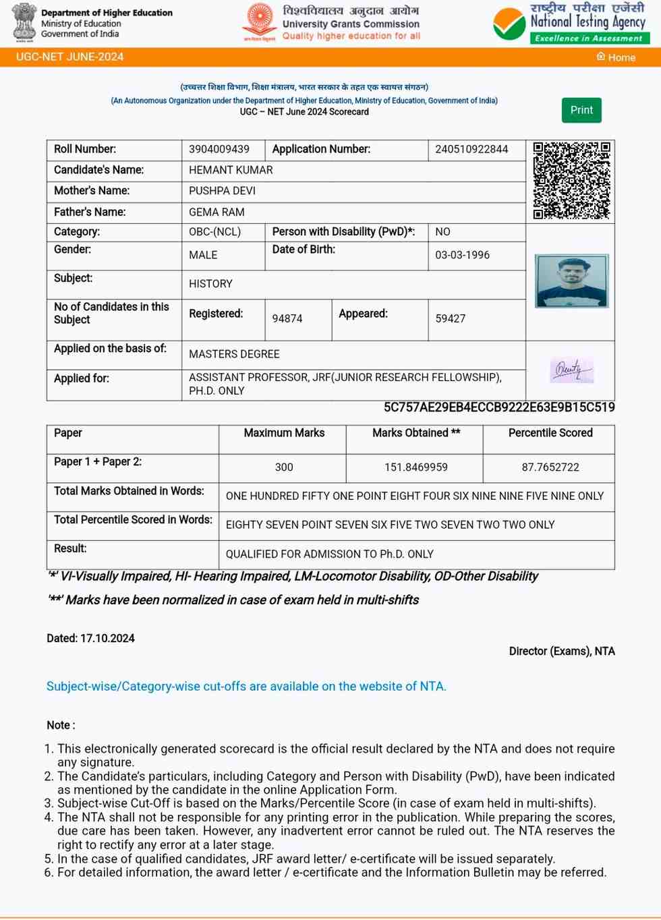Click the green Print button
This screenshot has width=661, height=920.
pos(581,110)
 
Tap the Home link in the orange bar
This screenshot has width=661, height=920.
pos(616,57)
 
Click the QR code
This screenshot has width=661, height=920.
pos(571,180)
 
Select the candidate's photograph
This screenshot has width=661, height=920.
pos(572,281)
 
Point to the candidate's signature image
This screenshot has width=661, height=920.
pos(572,370)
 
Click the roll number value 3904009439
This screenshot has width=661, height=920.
pos(219,149)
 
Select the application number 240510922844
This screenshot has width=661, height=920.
pos(471,149)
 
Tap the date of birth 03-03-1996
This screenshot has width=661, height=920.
pos(462,255)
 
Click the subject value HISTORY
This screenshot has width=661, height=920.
pos(210,284)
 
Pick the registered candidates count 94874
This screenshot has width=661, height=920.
pos(287,318)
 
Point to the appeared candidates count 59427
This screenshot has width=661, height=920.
pos(450,318)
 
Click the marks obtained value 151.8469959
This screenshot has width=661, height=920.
pos(416,467)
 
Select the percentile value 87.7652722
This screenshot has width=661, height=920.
pos(550,467)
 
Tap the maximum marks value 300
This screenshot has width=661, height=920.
pos(284,467)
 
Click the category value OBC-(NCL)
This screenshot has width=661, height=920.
pos(214,231)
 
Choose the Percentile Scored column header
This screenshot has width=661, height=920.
pos(550,433)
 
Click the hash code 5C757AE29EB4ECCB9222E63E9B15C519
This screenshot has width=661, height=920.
pos(499,407)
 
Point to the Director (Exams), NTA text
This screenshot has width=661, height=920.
pos(562,651)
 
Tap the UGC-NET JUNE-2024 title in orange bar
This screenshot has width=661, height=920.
pos(69,57)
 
